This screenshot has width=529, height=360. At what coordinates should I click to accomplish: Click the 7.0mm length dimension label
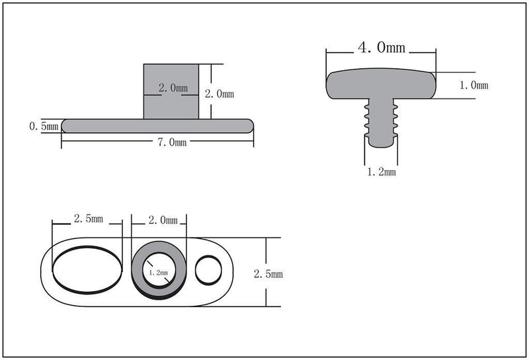pos(172,142)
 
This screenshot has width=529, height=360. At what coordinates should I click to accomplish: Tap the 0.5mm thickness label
pos(44,126)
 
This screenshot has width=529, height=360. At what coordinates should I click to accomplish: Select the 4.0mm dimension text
pos(382,47)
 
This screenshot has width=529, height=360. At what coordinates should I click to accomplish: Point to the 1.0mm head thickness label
pos(474,85)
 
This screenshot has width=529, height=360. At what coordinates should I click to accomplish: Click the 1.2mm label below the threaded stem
pos(382,172)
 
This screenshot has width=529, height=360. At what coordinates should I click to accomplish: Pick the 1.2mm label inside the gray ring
pos(158,272)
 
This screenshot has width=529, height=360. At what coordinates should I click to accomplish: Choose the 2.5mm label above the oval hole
pos(89,219)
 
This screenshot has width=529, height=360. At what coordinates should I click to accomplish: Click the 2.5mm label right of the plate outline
pos(268,274)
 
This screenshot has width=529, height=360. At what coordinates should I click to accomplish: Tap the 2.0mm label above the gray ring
pos(163,220)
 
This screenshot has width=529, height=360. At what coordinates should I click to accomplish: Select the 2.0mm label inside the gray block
pos(173,88)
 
